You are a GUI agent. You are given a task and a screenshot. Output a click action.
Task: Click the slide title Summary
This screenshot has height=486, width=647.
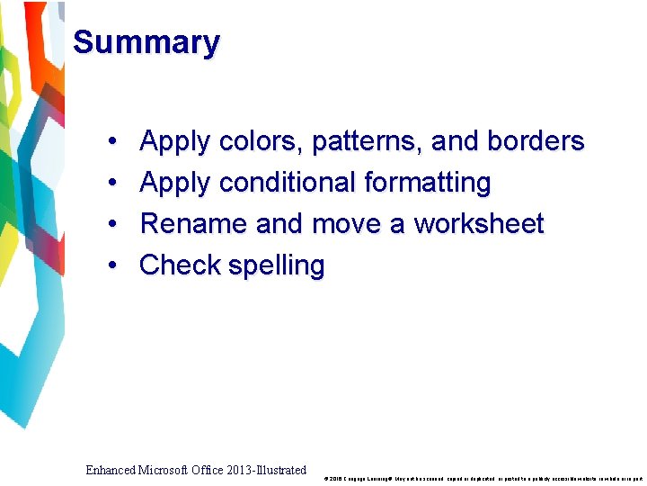[146, 42]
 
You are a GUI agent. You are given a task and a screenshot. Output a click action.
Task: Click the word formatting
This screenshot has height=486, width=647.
[427, 183]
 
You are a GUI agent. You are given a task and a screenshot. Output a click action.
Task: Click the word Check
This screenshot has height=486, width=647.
[181, 265]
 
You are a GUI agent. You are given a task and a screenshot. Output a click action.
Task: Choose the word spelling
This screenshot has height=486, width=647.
[277, 266]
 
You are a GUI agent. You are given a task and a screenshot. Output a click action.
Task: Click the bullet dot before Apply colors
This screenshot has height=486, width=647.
[110, 142]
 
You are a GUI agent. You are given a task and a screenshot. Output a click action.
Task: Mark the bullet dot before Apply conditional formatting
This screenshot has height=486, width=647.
[110, 184]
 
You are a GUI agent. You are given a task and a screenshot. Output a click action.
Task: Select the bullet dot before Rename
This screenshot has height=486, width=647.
[110, 225]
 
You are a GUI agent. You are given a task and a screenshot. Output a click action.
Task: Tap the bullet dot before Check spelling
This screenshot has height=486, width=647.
[110, 266]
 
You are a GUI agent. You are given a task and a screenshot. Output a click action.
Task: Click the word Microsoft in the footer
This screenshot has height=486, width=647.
[167, 470]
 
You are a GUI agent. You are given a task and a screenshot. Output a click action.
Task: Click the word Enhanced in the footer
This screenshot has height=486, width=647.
[112, 470]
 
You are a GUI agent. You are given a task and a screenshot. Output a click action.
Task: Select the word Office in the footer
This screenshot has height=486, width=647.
[210, 470]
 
